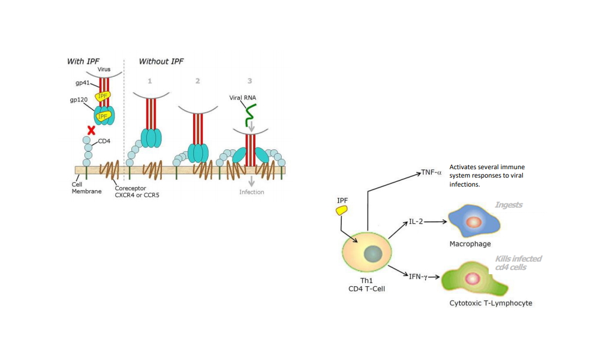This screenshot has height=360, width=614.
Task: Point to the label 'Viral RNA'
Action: coord(243,97)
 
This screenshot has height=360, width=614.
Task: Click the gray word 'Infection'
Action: coord(251,192)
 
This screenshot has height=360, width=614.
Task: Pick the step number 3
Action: coord(249,80)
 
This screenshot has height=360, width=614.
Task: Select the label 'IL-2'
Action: coord(416,222)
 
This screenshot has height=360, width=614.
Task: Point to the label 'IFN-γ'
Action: coord(418,277)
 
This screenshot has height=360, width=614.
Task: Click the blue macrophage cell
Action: coord(474,221)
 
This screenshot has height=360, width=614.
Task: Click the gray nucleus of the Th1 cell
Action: coord(372,254)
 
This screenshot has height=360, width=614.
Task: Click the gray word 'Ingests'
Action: coord(508,205)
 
